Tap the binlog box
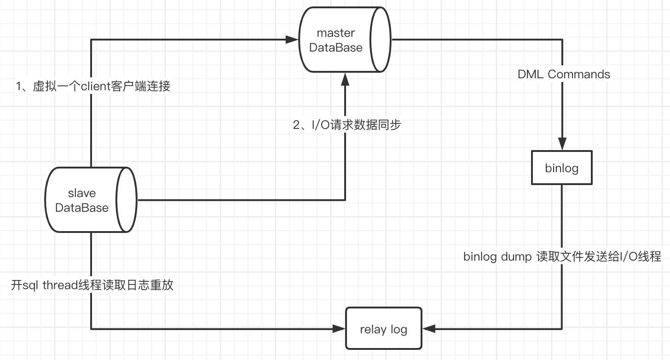pos(561,168)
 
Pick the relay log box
pos(383,329)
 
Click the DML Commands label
pos(564,74)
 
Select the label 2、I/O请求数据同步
pos(347,124)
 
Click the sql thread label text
pos(92,285)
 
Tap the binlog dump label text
pos(562,256)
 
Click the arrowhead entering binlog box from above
pos(561,144)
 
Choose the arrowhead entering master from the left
pos(292,40)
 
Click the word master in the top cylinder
pos(336,33)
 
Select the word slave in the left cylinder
pos(82,193)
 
